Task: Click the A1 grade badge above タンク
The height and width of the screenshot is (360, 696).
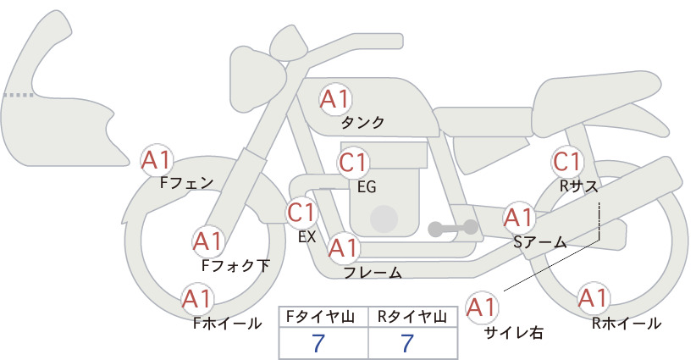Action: [335, 99]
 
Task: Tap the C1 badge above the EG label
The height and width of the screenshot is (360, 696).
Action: [353, 163]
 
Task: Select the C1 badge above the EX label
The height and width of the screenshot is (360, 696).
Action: [301, 213]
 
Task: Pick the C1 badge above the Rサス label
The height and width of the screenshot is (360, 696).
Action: [567, 162]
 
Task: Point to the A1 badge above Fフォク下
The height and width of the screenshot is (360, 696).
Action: [207, 241]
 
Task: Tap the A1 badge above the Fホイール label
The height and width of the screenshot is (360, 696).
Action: [197, 299]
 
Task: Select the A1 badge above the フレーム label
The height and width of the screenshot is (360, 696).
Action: [344, 247]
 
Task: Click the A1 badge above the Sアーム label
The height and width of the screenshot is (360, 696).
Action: [518, 218]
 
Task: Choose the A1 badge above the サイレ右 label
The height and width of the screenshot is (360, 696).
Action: [482, 307]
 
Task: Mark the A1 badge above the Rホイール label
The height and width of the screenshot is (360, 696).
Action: [594, 298]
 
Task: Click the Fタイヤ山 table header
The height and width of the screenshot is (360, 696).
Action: [320, 317]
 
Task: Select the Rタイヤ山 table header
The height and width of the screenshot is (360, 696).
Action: [412, 317]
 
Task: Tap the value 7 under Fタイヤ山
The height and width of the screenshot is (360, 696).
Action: [318, 343]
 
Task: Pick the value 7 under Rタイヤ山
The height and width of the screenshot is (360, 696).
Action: [407, 343]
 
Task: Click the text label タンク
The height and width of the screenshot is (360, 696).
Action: [362, 123]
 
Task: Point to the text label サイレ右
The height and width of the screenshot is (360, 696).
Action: [514, 333]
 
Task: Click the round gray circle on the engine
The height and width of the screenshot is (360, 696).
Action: [384, 219]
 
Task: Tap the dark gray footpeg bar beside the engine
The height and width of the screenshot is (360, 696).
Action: [453, 229]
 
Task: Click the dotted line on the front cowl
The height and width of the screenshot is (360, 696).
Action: [18, 95]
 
